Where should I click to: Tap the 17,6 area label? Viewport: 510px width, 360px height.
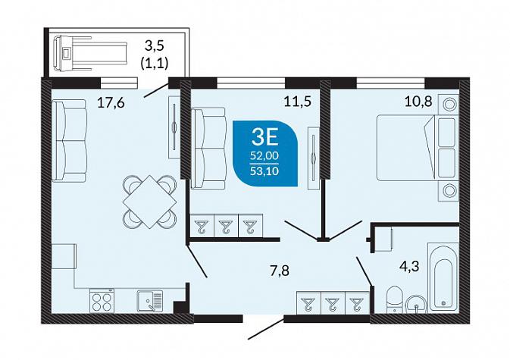pos(111,103)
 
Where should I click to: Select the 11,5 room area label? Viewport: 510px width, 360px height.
pos(298,102)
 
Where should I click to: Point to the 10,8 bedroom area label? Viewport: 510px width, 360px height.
pos(418,102)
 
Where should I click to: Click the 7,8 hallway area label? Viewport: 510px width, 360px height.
pos(280,271)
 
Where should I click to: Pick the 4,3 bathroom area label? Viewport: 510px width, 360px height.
pos(409,267)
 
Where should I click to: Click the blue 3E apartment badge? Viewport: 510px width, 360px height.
pos(265,153)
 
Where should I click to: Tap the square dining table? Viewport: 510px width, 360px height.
pos(149,202)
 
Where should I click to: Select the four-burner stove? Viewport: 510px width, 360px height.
pos(102,301)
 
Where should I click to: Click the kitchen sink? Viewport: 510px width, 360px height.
pos(149,301)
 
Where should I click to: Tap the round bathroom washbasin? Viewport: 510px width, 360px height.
pos(416,305)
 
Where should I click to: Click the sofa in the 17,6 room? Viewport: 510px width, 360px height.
pos(69,140)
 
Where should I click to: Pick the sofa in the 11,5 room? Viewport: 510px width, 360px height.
pos(208,149)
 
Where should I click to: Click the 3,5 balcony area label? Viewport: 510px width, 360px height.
pos(155,46)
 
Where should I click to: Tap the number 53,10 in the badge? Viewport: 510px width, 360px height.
pos(264,171)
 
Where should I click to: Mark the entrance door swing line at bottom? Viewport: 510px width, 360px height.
pos(266,329)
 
